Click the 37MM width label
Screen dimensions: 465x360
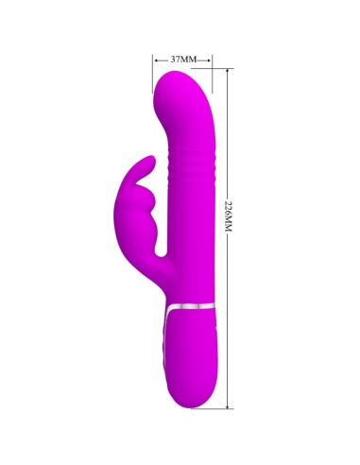pos(183,60)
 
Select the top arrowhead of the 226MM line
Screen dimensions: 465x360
pos(228,75)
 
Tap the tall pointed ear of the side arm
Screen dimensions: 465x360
pos(146,156)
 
